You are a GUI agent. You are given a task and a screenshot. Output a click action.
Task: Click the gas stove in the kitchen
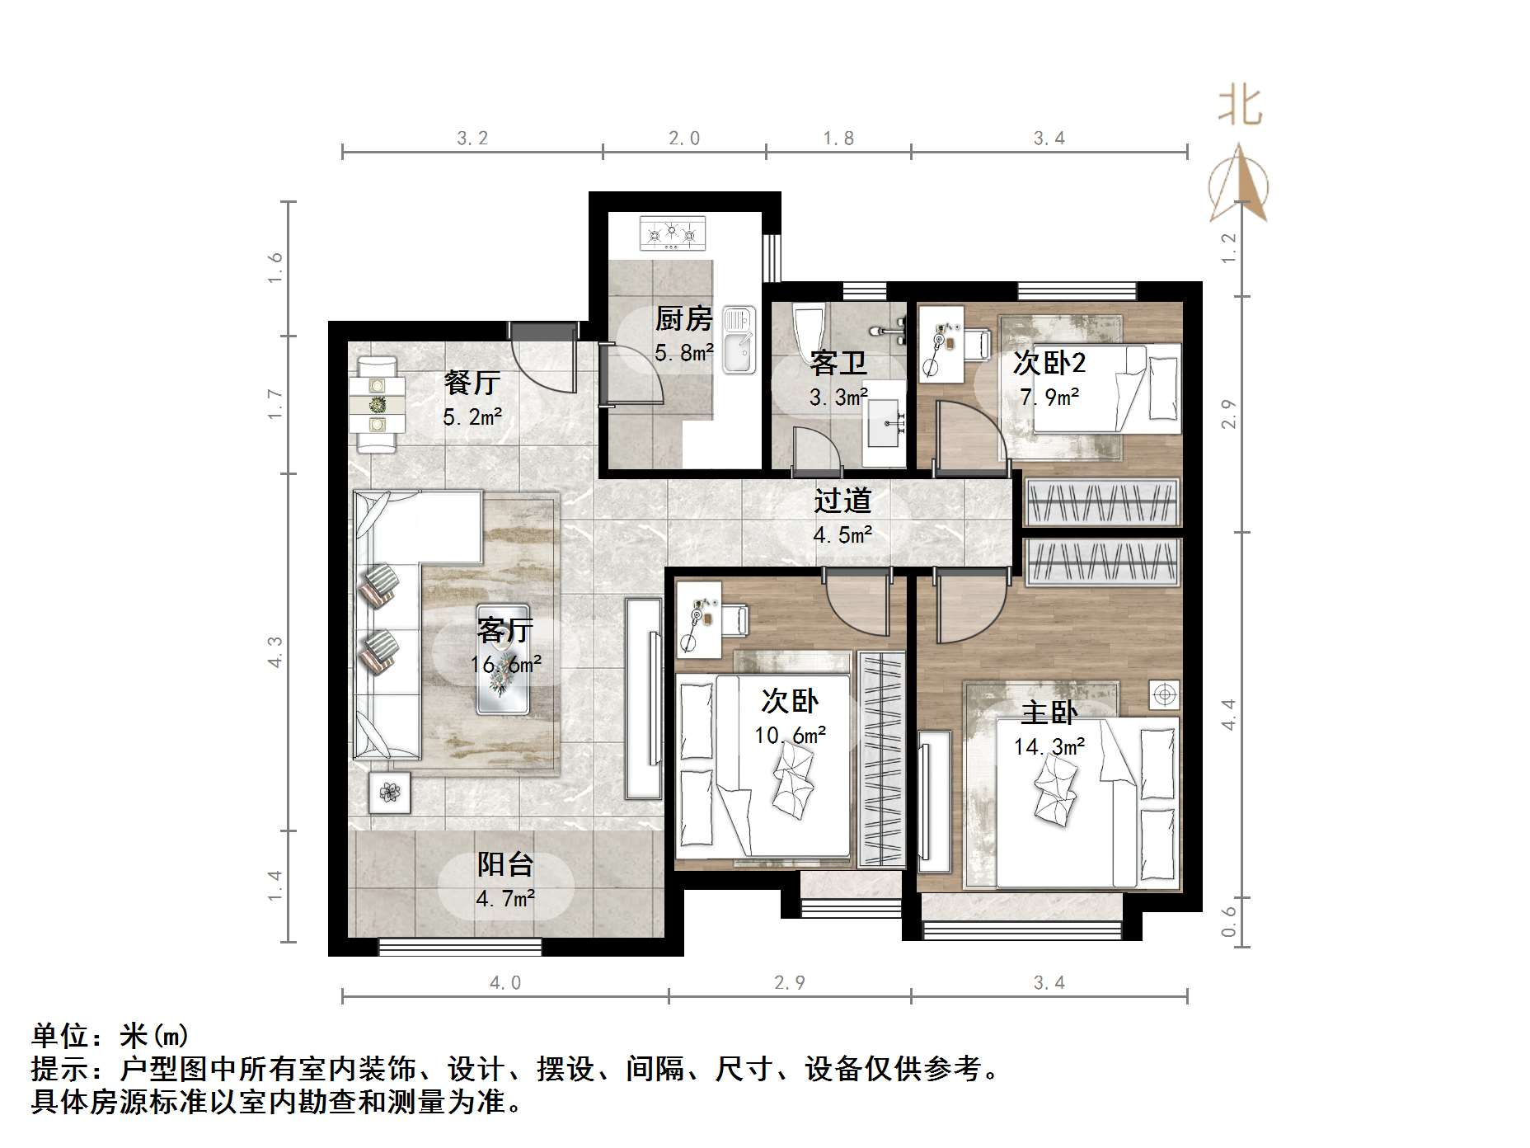click(673, 233)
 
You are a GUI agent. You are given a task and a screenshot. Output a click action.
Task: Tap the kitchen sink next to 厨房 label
click(739, 340)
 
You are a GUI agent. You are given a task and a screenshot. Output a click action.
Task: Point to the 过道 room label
click(842, 501)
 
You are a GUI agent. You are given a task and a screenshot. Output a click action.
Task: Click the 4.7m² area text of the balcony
click(505, 898)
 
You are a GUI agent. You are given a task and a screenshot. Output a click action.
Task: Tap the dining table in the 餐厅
click(378, 404)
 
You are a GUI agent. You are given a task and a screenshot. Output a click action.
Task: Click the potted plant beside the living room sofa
click(389, 793)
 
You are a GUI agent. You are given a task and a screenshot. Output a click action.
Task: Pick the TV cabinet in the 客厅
click(643, 698)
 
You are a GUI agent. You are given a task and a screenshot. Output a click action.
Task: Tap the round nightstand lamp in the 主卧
click(1164, 694)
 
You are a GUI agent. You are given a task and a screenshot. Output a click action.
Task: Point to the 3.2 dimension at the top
click(472, 138)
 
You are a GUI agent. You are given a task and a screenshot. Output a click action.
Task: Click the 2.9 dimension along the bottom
click(789, 982)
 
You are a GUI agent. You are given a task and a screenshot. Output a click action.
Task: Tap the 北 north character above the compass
click(1240, 107)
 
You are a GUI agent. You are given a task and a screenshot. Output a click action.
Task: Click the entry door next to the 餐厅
click(542, 361)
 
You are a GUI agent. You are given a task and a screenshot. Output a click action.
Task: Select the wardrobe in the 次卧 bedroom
click(880, 759)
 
